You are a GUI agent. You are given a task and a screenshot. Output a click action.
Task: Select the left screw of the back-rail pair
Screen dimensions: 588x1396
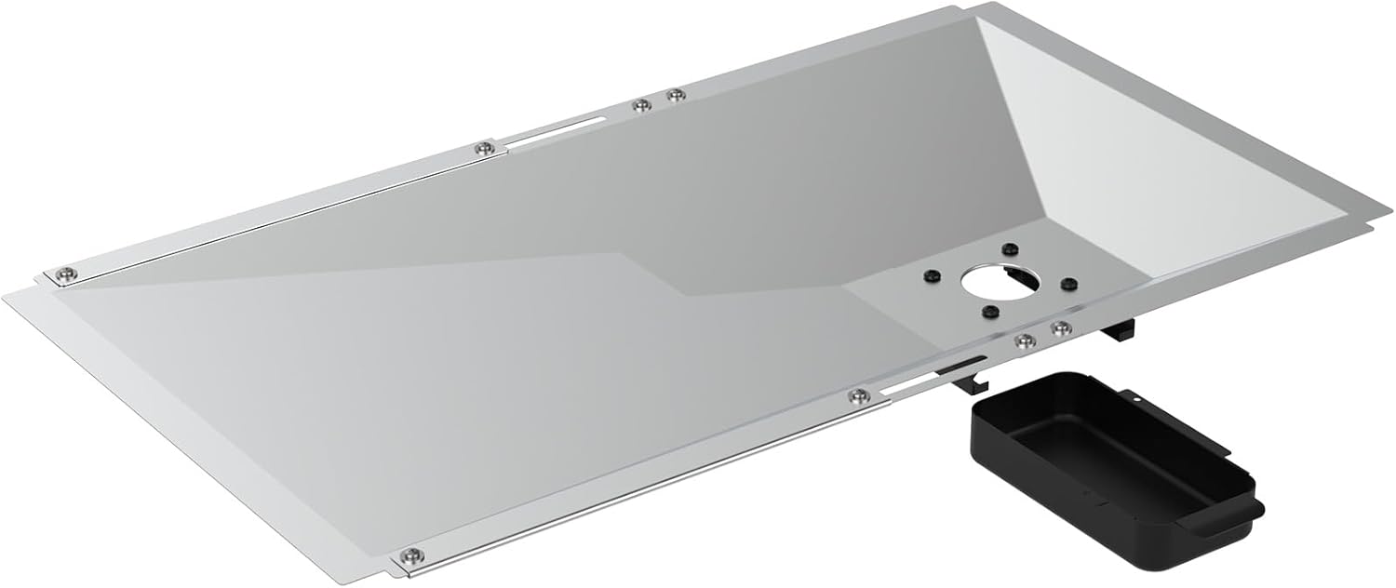pyautogui.click(x=639, y=104)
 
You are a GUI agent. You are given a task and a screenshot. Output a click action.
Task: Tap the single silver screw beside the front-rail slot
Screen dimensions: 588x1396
pyautogui.click(x=856, y=397)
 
